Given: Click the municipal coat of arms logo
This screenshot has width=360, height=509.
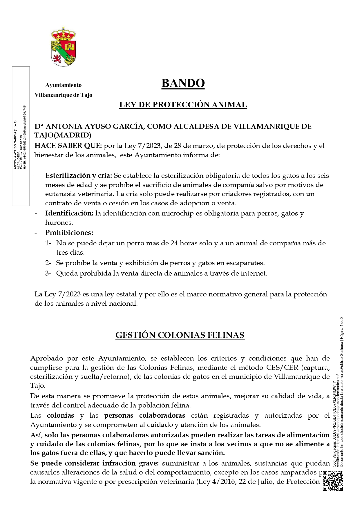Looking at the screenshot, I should [x=64, y=46].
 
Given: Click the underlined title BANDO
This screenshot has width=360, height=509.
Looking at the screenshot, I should [x=183, y=84].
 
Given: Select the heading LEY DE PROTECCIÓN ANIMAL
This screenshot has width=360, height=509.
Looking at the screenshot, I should [x=183, y=105].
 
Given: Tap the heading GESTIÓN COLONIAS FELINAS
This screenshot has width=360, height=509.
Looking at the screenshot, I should [x=180, y=335].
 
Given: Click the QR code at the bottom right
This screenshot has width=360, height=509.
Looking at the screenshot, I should [x=333, y=481].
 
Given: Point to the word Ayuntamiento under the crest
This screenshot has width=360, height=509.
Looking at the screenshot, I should [x=63, y=85].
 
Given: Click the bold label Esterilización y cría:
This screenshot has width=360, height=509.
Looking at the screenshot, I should [x=79, y=176].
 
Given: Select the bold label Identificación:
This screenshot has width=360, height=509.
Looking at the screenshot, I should [x=69, y=213].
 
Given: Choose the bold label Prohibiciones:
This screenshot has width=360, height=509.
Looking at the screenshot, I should [x=69, y=233].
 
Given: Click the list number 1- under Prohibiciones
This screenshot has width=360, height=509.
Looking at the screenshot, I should [x=48, y=243].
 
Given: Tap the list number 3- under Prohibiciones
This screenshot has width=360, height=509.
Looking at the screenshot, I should [x=48, y=273].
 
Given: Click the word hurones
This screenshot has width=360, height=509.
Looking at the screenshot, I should [x=59, y=223].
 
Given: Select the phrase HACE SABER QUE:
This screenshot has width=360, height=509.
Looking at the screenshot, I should [x=68, y=146].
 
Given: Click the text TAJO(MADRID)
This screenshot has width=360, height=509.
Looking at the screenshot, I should [x=63, y=135].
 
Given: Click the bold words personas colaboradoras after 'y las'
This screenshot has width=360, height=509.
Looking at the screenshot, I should [x=145, y=415].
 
